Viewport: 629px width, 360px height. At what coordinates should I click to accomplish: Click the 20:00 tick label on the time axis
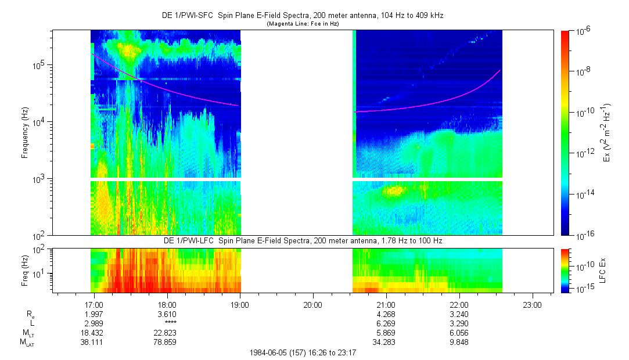tap(312, 304)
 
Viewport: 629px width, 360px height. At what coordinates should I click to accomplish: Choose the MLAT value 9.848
tap(459, 342)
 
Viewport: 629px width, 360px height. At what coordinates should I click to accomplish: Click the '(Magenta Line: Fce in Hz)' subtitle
tap(303, 24)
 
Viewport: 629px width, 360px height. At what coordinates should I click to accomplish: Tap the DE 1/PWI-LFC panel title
tap(303, 240)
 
